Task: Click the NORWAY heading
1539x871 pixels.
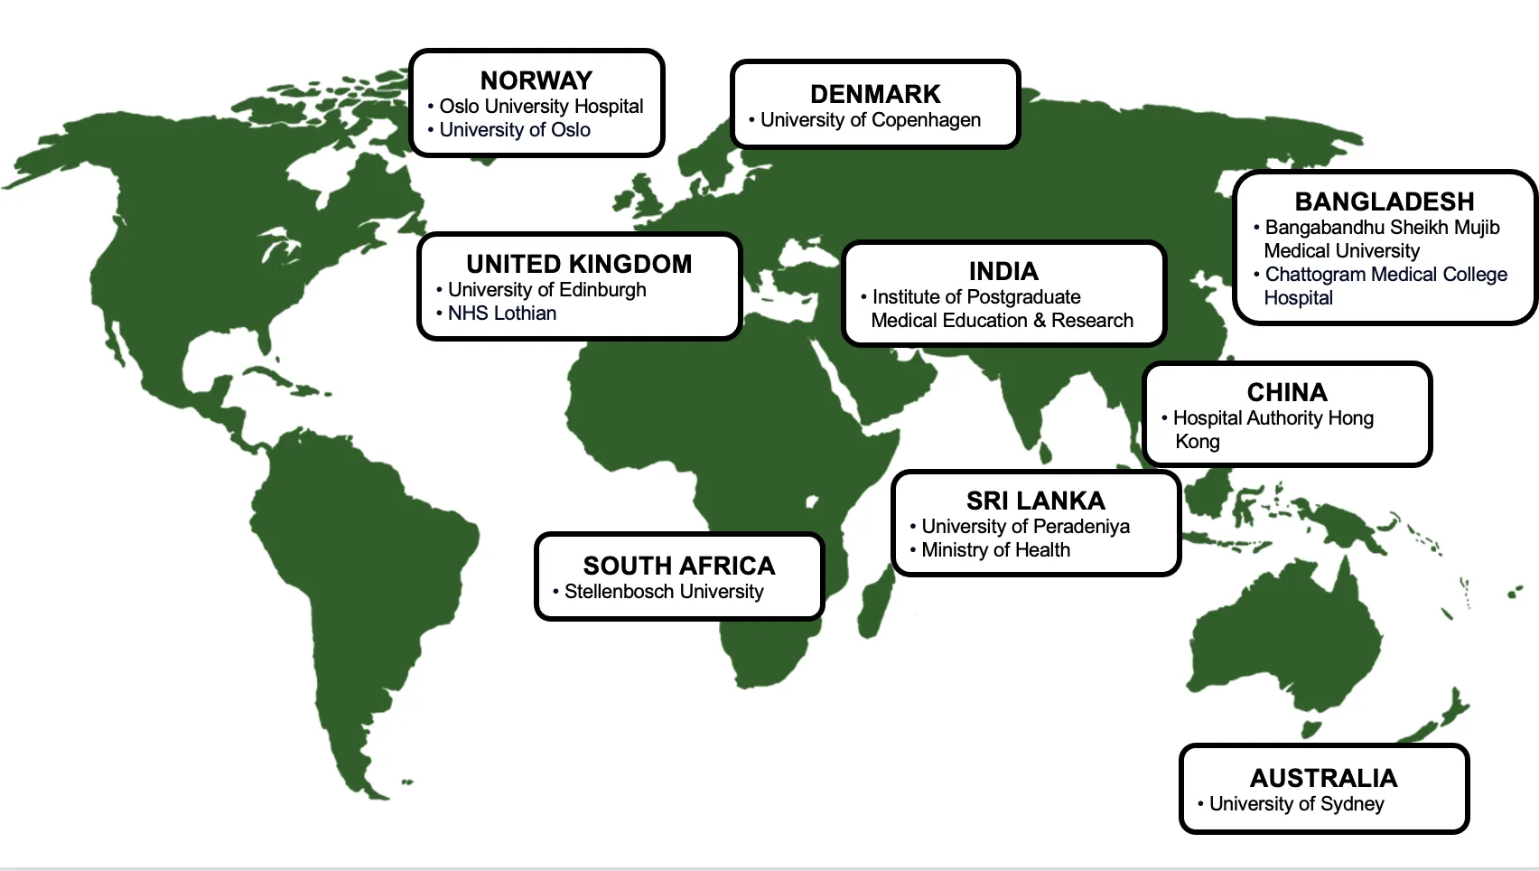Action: (x=536, y=81)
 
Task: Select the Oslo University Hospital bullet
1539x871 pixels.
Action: (x=541, y=107)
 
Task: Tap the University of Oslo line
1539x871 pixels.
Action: (x=515, y=130)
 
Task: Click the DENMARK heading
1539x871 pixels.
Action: (x=875, y=94)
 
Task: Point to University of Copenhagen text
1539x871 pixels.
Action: (x=870, y=120)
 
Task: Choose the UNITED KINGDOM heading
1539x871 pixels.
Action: (x=579, y=264)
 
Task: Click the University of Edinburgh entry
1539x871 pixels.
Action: (x=546, y=290)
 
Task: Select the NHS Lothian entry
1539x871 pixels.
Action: (x=502, y=314)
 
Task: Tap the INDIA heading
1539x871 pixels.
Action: (x=1003, y=271)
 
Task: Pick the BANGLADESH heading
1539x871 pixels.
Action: (x=1384, y=201)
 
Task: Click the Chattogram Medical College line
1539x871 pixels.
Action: (x=1385, y=275)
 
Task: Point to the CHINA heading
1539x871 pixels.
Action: (x=1287, y=392)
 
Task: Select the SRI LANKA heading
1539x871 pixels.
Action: (x=1035, y=501)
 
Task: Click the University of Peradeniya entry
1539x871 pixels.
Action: (x=1025, y=527)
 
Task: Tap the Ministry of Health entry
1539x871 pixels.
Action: (x=995, y=550)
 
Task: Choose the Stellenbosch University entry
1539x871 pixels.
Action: (x=664, y=592)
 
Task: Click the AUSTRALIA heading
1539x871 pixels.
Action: (x=1323, y=778)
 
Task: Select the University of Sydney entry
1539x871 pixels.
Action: (x=1296, y=804)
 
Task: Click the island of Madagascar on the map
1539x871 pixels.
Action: (x=873, y=605)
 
